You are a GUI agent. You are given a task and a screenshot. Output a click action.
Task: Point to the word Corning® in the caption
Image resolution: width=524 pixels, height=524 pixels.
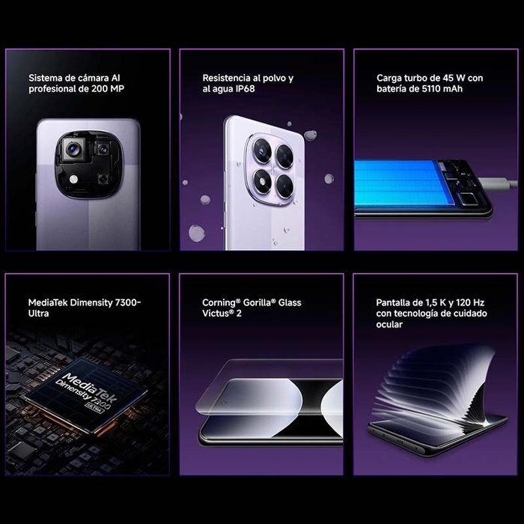[222, 302]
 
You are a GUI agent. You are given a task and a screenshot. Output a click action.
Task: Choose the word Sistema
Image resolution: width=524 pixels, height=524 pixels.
[46, 77]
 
